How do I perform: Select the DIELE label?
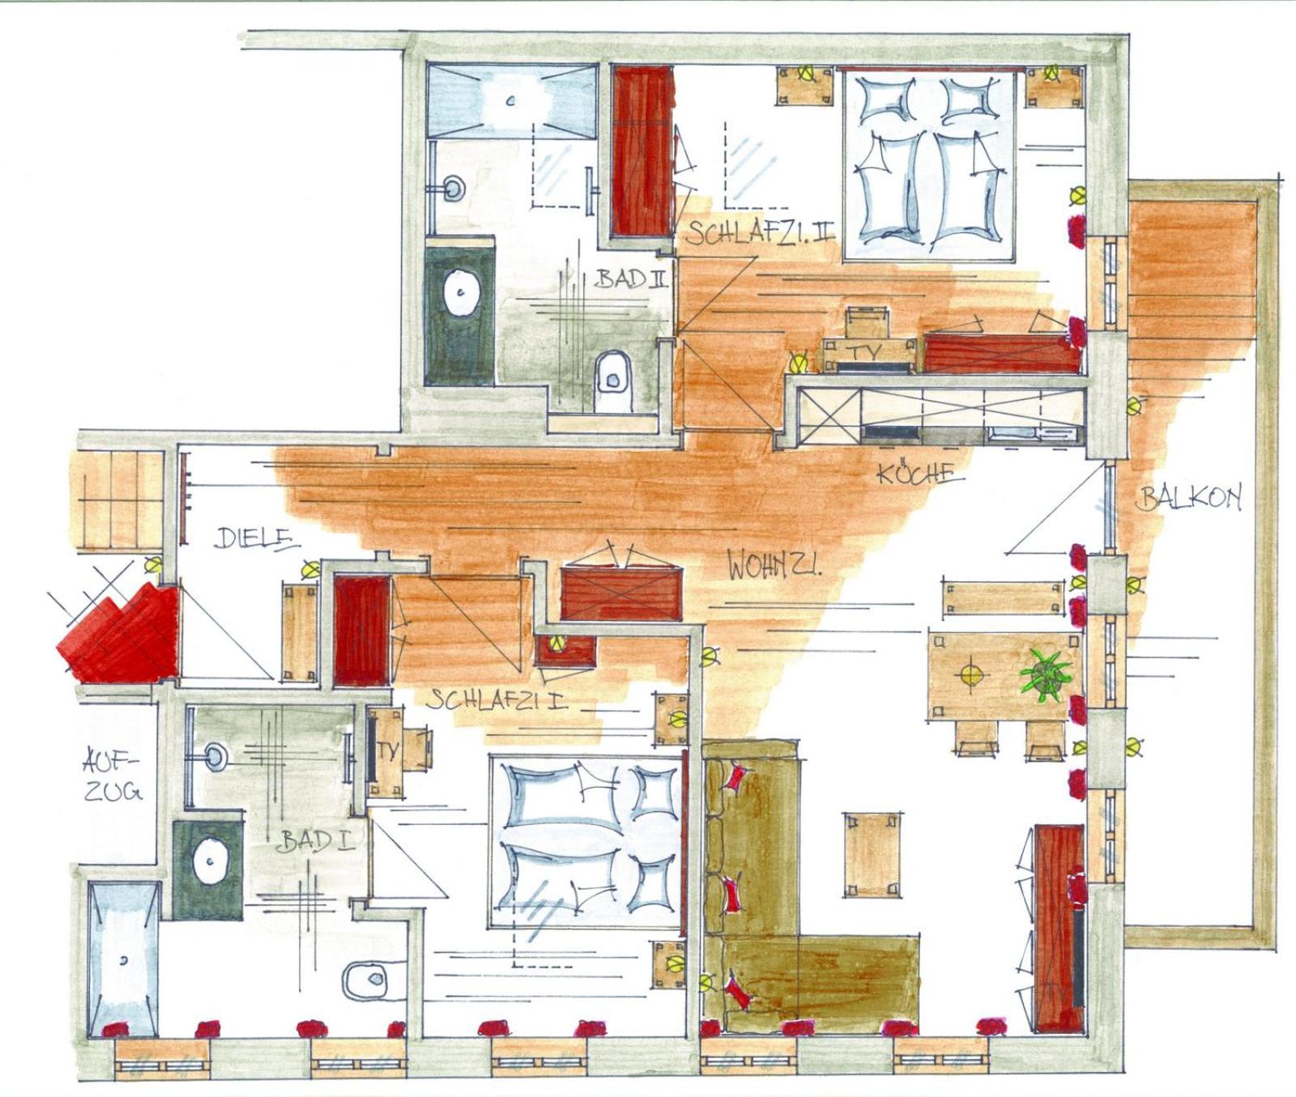[x=254, y=538]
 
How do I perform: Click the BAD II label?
[x=632, y=279]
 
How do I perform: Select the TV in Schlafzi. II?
[x=869, y=353]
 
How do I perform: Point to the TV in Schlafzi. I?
[x=386, y=751]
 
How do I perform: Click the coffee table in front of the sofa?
[x=873, y=854]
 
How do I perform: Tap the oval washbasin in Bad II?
[x=462, y=294]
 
